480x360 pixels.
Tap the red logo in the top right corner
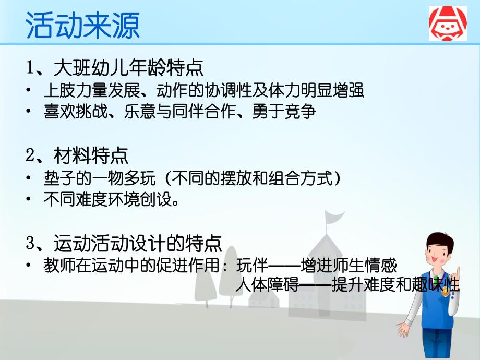pos(448,23)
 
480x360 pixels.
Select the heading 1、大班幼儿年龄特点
pos(115,68)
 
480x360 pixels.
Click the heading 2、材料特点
pos(77,155)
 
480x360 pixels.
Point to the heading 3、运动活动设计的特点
pos(124,243)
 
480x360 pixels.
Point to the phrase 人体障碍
pos(255,286)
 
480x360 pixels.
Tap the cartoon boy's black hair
pos(437,237)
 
